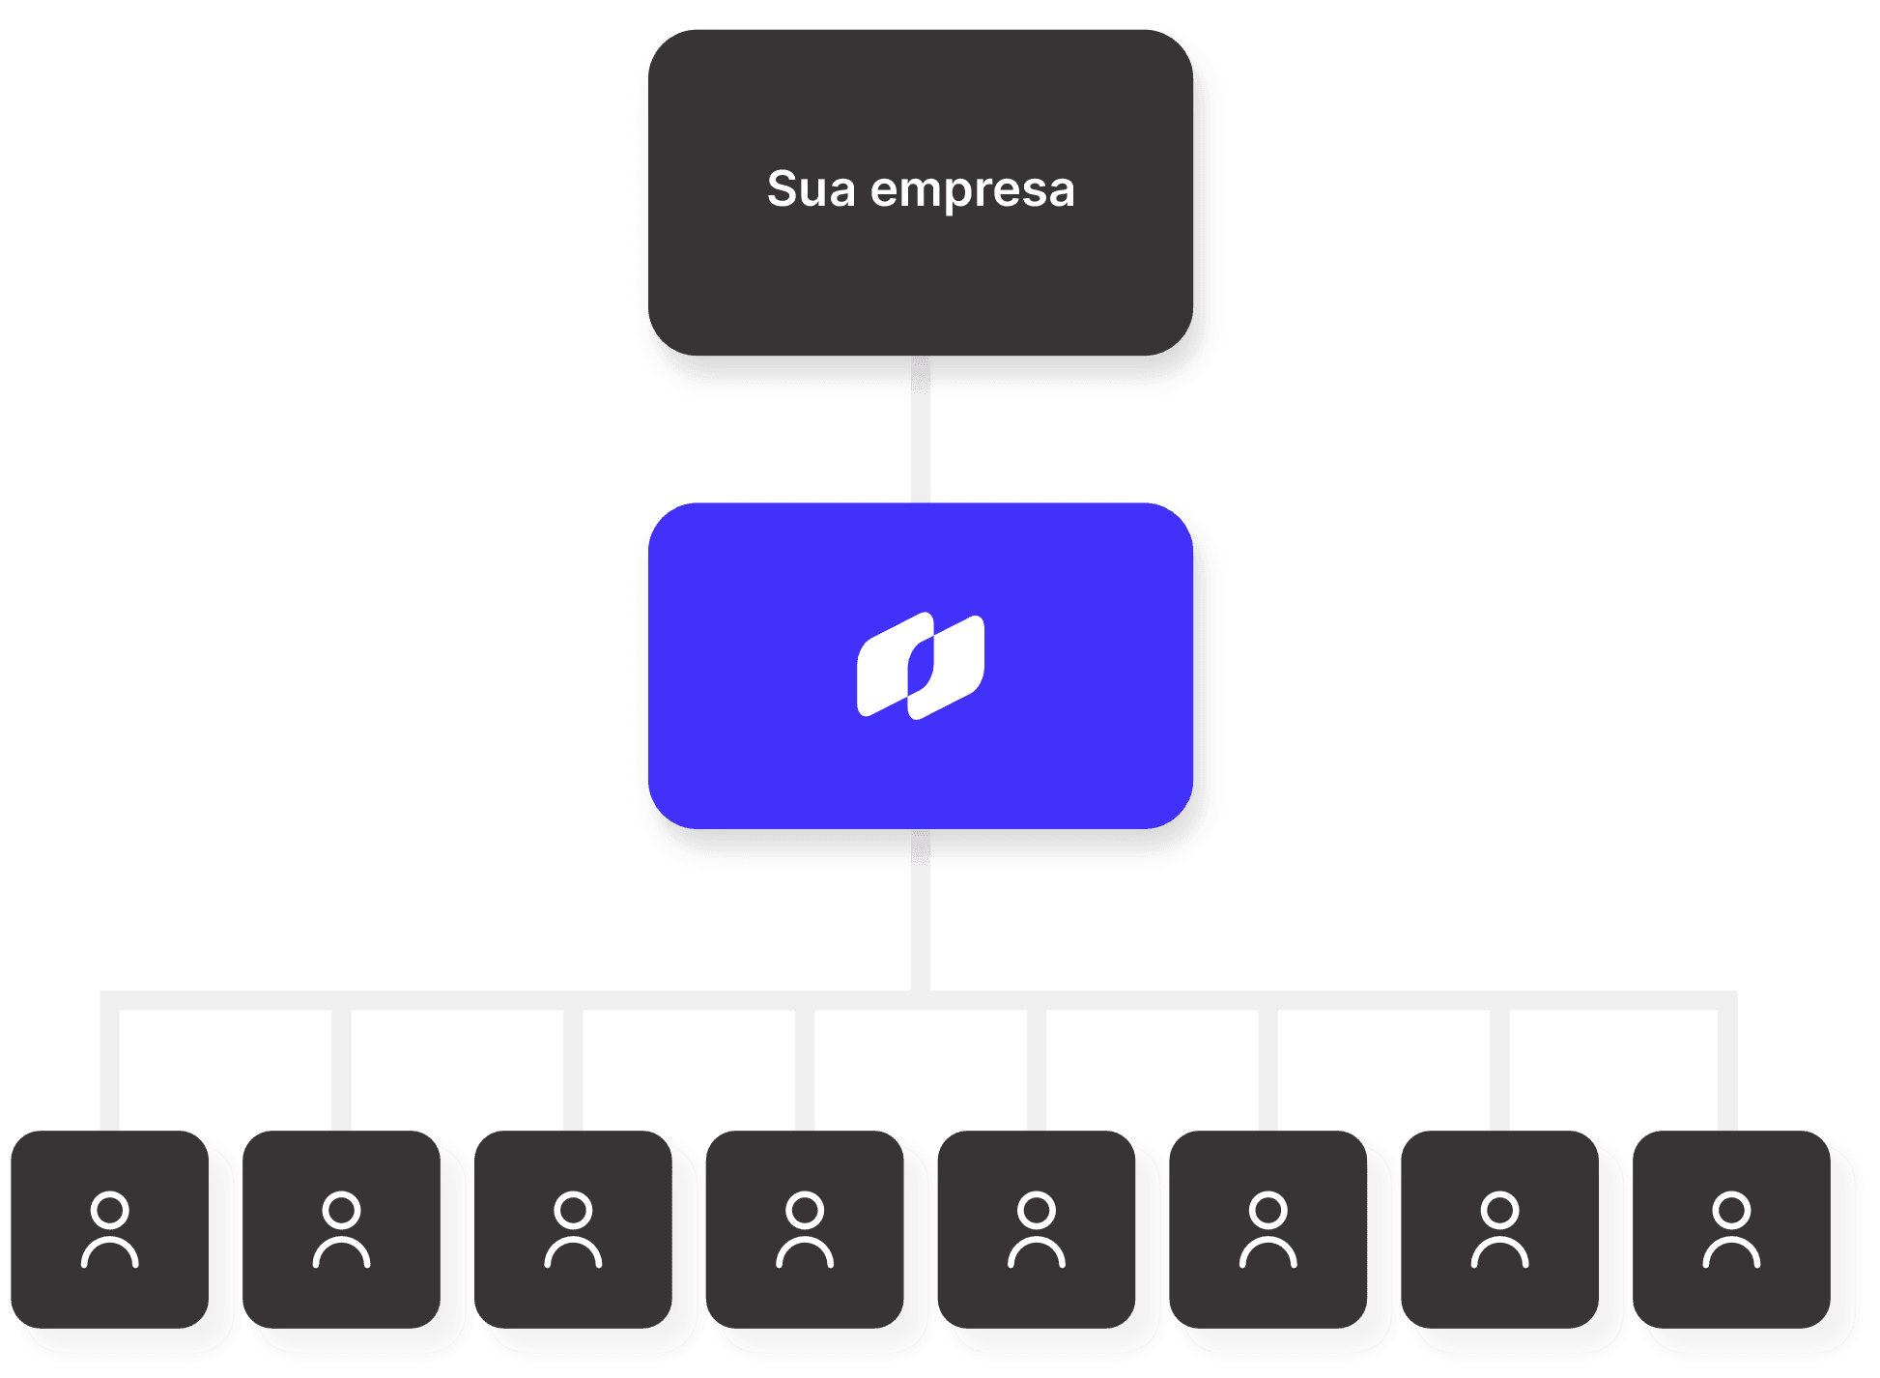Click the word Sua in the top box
coord(811,189)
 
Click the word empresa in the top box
coord(972,191)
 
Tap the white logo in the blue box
coord(921,666)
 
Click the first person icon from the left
coord(110,1229)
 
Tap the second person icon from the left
coord(342,1229)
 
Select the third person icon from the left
coord(574,1229)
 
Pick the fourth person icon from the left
coord(805,1229)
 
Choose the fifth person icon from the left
coord(1037,1229)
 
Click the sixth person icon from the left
coord(1268,1229)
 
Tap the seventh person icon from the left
coord(1500,1229)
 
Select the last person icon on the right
coord(1731,1229)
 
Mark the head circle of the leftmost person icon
coord(110,1209)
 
